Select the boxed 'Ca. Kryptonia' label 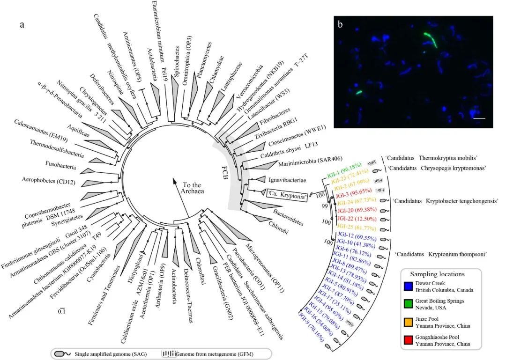(287, 197)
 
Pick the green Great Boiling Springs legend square (409, 305)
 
